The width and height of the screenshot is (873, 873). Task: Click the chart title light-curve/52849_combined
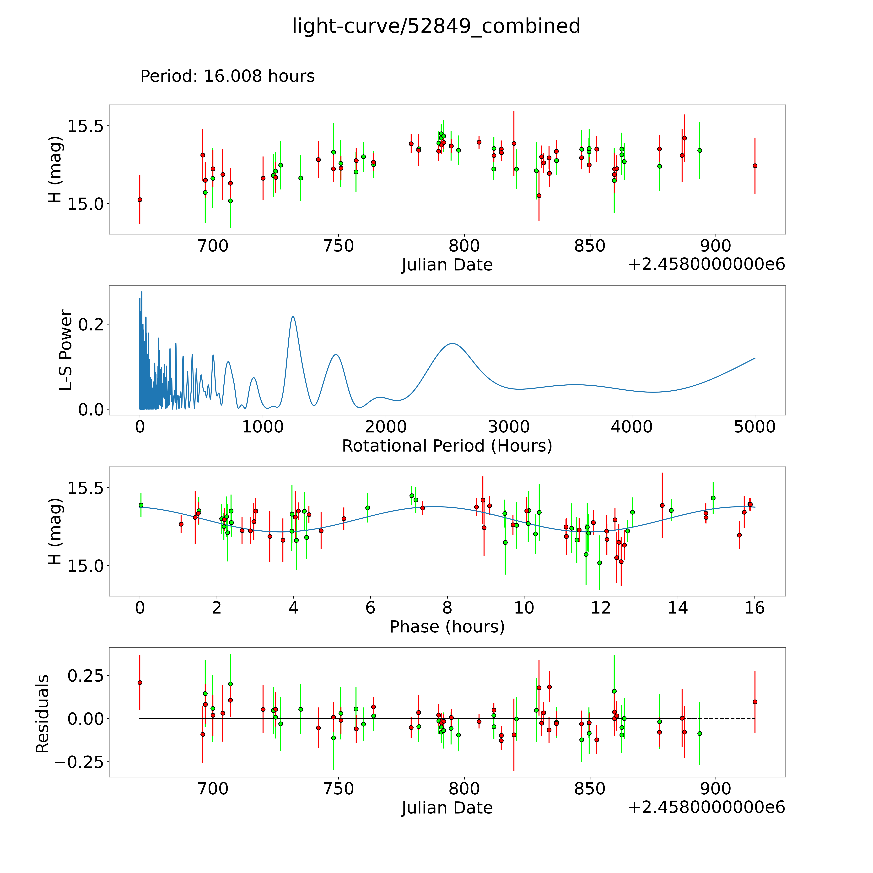click(x=436, y=26)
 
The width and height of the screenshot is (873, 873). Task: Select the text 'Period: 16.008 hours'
click(x=227, y=76)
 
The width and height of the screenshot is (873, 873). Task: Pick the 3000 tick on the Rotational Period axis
click(x=509, y=427)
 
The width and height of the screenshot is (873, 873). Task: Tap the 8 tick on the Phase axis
click(x=447, y=608)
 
